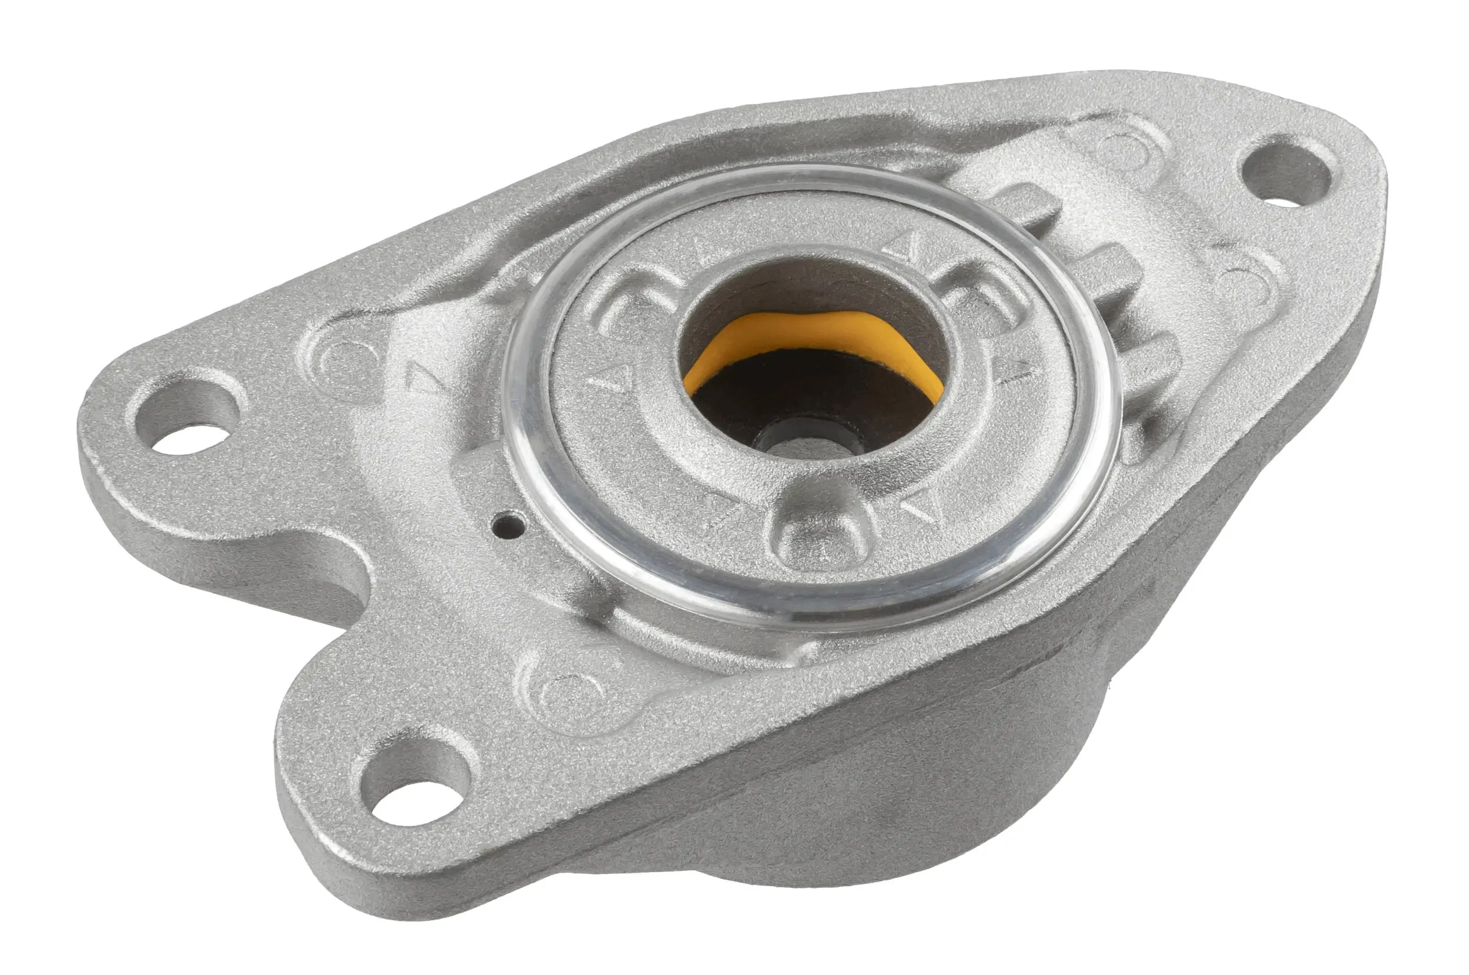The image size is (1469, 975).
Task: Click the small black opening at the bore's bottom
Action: pos(808,443)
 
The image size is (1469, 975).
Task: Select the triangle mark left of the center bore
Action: pos(615,380)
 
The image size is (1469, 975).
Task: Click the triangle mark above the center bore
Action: pos(904,244)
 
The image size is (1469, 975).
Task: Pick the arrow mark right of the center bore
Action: pos(1017,371)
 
